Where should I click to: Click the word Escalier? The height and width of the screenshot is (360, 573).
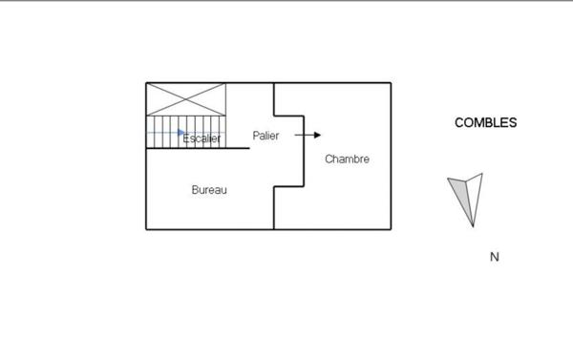pos(202,139)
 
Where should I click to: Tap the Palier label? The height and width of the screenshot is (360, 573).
pos(266,136)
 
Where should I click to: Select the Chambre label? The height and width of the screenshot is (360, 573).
pos(347,159)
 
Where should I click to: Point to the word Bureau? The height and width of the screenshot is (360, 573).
pos(209,190)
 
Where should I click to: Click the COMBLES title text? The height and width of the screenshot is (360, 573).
pos(486,122)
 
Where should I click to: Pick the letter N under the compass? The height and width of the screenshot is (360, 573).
pos(495,257)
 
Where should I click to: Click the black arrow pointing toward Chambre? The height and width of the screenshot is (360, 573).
pos(308,136)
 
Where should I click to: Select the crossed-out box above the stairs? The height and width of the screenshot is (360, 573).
pos(186,99)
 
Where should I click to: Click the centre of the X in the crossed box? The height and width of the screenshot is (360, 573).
pos(186,99)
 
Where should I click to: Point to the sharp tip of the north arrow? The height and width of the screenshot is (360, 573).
pos(473,227)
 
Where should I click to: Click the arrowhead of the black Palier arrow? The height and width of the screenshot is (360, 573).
pos(318,136)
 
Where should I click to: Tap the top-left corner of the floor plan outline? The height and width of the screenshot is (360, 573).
pos(146,83)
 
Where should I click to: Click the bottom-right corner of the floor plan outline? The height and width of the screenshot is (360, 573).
pos(391,229)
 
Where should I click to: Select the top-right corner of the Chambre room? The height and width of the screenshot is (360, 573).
pos(391,83)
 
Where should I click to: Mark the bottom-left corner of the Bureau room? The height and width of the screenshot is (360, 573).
pos(146,229)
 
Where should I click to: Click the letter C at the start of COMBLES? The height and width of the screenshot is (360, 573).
pos(459,122)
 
